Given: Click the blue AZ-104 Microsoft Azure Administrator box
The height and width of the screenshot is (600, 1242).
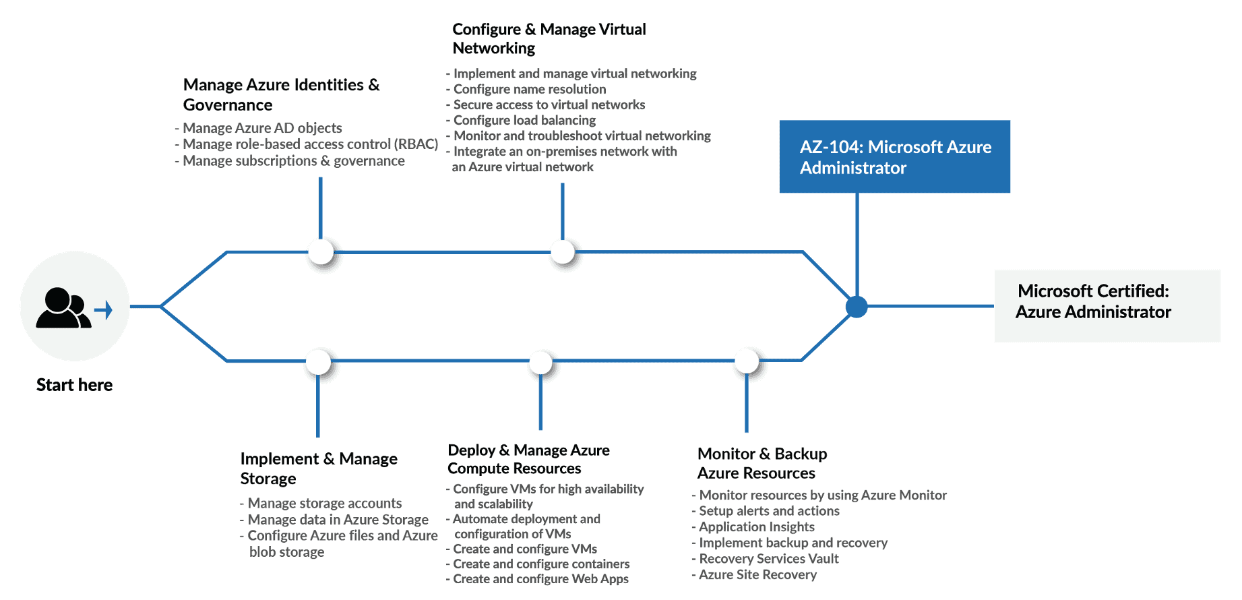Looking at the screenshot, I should point(894,156).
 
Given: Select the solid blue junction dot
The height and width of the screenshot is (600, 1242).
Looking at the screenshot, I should point(857,307).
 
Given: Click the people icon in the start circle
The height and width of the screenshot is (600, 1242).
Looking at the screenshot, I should point(63,309).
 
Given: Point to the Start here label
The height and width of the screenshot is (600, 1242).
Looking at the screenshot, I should point(74,385).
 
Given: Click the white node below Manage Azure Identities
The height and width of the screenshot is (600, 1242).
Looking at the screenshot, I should point(321,252).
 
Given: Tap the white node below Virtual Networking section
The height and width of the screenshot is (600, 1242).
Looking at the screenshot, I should point(563,252).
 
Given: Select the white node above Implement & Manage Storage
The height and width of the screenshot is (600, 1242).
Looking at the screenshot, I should point(318,362).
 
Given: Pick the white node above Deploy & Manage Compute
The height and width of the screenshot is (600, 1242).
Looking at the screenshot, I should point(540,362).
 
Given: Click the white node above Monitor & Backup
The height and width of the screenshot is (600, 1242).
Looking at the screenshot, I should point(747,361).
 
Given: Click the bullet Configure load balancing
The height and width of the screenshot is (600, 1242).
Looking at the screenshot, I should point(524,120).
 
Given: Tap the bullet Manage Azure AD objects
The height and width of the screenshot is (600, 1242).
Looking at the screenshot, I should point(262,128).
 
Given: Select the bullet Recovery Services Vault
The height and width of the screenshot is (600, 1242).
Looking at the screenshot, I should point(768,559).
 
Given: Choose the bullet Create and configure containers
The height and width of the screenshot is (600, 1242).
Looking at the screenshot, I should point(540,564).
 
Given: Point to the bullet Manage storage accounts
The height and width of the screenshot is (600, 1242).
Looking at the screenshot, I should point(324,504).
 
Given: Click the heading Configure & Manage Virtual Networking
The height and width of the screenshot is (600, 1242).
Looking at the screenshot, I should point(549,38).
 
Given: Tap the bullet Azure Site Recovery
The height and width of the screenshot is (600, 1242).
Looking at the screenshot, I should point(757,575).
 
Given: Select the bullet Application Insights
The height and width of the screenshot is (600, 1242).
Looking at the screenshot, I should point(756,527).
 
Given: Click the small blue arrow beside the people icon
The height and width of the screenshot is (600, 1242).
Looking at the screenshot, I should point(104,310).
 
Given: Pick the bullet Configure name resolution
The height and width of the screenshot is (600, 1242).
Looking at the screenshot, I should point(529,89).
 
